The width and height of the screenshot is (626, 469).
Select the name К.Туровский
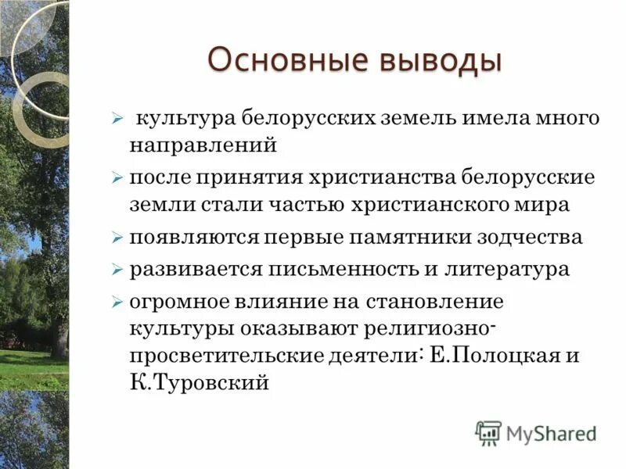pos(199,383)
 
